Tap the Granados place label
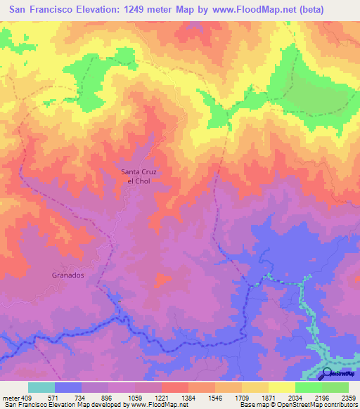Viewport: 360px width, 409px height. click(x=68, y=275)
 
